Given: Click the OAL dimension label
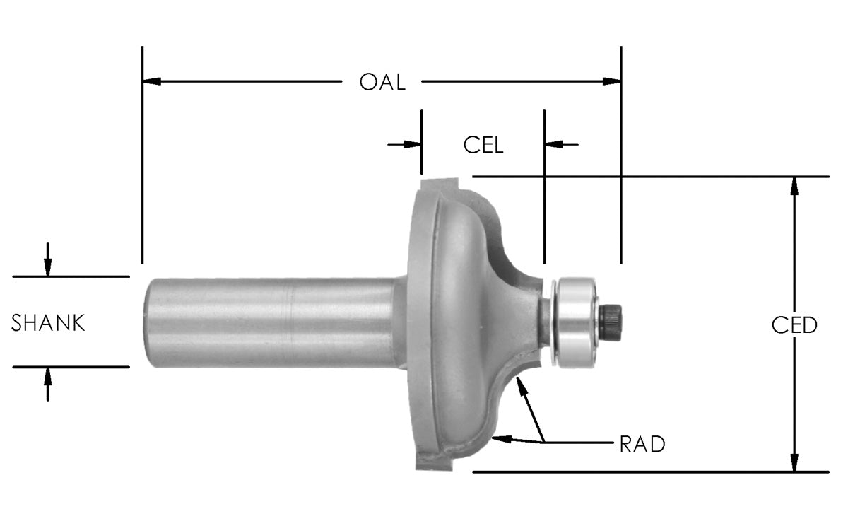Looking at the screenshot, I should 382,82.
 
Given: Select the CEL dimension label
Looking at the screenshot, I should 483,145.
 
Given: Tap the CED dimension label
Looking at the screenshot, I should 794,325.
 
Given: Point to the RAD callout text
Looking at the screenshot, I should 642,445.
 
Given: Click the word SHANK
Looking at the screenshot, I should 49,324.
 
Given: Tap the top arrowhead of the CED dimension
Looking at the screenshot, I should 794,185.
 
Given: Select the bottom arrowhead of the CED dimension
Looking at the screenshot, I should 794,462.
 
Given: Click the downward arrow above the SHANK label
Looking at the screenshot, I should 47,268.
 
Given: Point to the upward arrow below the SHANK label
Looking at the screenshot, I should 47,375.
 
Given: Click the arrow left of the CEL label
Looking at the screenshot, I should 413,144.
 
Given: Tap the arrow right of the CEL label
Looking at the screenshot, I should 553,144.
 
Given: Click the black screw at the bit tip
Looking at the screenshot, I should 611,320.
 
